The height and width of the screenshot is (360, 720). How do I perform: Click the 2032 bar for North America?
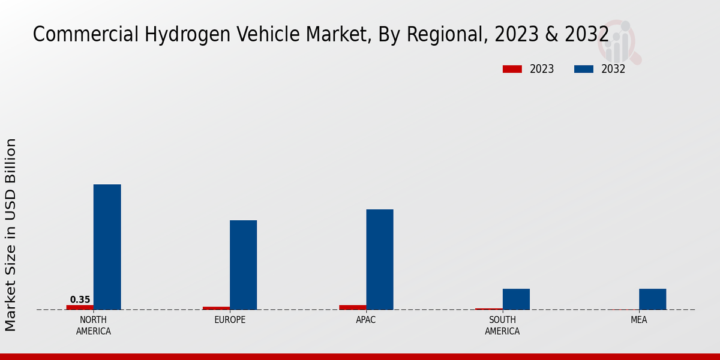(107, 247)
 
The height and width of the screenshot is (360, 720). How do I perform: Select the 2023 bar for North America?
(80, 307)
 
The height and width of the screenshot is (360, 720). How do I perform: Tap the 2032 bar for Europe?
(243, 265)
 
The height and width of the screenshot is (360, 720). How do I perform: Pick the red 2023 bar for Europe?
(216, 308)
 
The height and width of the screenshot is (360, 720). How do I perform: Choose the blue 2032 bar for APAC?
(380, 259)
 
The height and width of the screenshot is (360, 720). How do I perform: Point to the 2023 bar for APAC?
(352, 307)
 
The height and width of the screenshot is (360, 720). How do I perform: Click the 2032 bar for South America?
(516, 299)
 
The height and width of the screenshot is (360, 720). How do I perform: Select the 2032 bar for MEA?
(652, 299)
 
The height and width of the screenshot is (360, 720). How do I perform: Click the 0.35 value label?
(80, 299)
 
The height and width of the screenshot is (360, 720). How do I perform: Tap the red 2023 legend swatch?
(512, 69)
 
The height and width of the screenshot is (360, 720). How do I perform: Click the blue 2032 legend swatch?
(583, 69)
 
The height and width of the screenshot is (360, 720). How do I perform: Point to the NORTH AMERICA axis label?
(94, 325)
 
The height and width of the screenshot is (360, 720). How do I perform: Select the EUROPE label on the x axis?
(230, 320)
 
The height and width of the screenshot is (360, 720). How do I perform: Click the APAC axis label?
(366, 320)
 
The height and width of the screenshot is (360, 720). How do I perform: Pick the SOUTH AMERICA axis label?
(502, 325)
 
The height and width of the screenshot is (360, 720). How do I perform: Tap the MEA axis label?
(638, 320)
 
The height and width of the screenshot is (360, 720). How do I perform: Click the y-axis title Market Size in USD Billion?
(11, 234)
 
